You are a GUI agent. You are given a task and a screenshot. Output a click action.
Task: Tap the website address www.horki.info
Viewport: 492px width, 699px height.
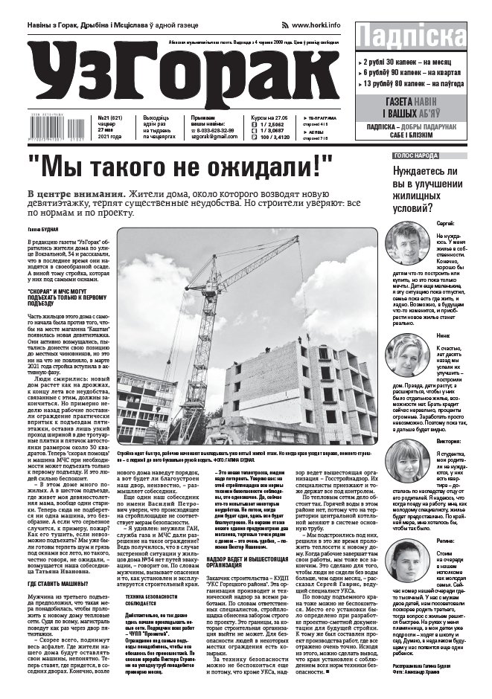coord(316,25)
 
